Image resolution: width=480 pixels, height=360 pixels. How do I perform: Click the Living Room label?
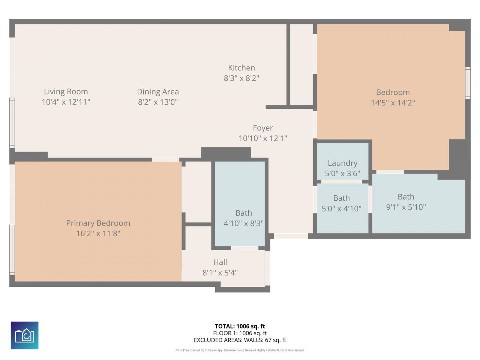pos(66,91)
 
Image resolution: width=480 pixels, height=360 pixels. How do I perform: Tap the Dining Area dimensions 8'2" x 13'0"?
pos(158,102)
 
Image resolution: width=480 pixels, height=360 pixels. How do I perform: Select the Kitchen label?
pos(241,68)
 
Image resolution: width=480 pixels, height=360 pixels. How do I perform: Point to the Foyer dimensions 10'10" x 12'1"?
pos(262,138)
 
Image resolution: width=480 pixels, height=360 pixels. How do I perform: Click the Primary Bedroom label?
pos(98,223)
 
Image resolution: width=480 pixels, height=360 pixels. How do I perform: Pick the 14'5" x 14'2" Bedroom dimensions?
pos(393,103)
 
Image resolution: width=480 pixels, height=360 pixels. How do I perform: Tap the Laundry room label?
pos(342,163)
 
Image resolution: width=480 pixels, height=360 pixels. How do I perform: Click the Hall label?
pos(220,262)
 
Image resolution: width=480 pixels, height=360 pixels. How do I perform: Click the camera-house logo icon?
pos(24,335)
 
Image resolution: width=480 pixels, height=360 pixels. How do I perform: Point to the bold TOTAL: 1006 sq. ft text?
pos(240,326)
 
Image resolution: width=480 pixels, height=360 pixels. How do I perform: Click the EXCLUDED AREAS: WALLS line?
pos(240,340)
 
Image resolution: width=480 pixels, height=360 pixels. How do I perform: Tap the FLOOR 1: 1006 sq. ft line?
pos(240,333)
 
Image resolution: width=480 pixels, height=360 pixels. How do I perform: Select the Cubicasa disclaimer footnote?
pos(240,350)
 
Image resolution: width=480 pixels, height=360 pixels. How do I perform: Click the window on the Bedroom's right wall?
pos(468,83)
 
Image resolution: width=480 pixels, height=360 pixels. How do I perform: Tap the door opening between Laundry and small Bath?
pos(341,181)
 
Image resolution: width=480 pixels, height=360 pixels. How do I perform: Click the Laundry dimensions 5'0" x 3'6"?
pos(342,174)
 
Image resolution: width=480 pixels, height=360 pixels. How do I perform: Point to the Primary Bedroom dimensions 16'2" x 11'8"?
pos(98,234)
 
